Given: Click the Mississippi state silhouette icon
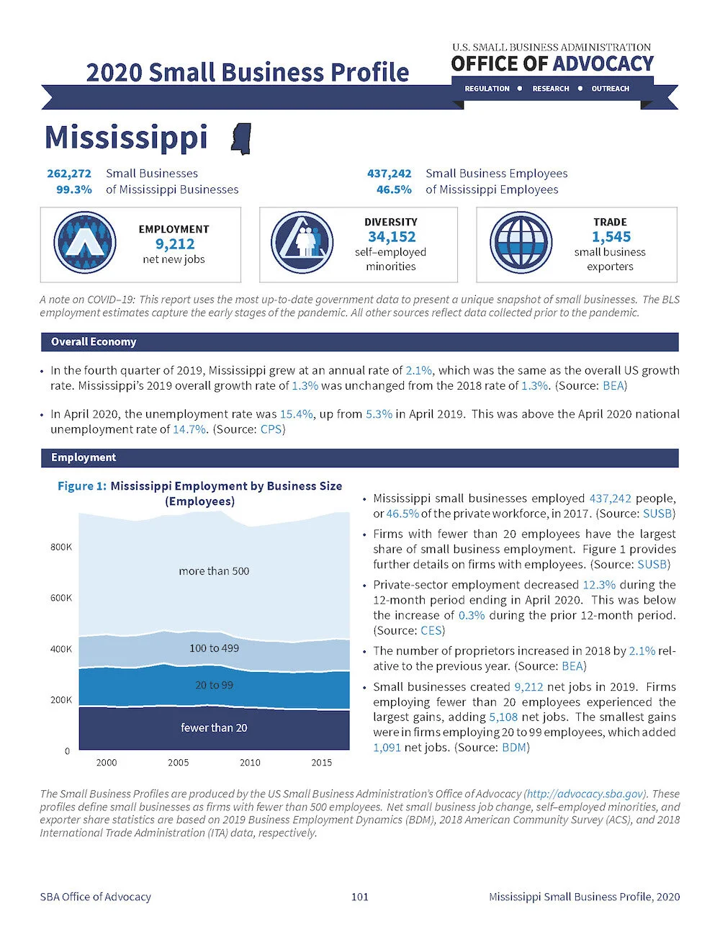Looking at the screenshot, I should tap(241, 138).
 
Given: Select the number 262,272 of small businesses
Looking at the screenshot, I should tap(69, 174).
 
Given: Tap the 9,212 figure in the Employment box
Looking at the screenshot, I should tap(175, 244).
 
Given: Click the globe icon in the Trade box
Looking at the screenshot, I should tap(521, 243).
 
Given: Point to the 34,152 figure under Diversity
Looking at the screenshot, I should tap(391, 237).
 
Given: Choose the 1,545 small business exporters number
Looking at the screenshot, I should tap(611, 237).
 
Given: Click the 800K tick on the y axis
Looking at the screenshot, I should tap(61, 547).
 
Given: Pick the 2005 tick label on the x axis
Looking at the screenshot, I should tap(178, 762).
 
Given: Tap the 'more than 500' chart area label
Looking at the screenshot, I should tap(214, 571).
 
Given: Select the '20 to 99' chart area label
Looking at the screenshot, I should tap(214, 685).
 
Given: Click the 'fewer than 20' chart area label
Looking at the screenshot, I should tap(214, 727).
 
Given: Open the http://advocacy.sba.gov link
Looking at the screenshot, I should tap(584, 794).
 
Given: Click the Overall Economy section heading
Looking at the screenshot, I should tap(94, 342).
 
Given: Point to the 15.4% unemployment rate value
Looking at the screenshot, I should tap(296, 414).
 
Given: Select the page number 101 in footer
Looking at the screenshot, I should tap(359, 897).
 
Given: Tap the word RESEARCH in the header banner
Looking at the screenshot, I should tap(550, 89).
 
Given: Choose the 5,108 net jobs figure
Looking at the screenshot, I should tap(503, 717).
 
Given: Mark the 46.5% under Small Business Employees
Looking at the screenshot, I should tap(394, 189).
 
